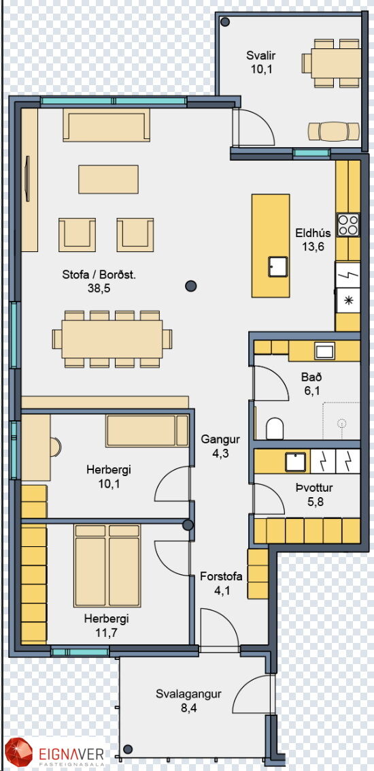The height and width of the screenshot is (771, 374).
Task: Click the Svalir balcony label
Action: click(260, 55)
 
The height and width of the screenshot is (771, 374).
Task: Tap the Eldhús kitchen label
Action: click(313, 233)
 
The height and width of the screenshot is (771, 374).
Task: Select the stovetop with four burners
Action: click(348, 225)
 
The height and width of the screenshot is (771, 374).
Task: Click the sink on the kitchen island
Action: click(278, 266)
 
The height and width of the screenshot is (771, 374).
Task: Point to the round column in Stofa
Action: click(190, 285)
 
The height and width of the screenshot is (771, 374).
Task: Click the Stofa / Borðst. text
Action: click(99, 274)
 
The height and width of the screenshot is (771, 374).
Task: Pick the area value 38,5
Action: click(99, 288)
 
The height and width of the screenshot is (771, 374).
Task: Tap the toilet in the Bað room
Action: click(275, 428)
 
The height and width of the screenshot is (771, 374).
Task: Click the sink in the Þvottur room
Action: click(296, 462)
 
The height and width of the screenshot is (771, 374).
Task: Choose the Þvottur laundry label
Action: click(314, 488)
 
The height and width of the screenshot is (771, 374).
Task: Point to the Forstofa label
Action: click(222, 576)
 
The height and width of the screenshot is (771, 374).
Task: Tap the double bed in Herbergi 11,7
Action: click(107, 565)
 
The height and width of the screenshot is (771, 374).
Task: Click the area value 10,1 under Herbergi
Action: click(109, 484)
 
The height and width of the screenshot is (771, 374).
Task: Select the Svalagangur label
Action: click(189, 694)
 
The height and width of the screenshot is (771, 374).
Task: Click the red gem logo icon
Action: click(18, 753)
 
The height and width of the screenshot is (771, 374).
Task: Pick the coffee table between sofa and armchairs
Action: click(109, 179)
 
